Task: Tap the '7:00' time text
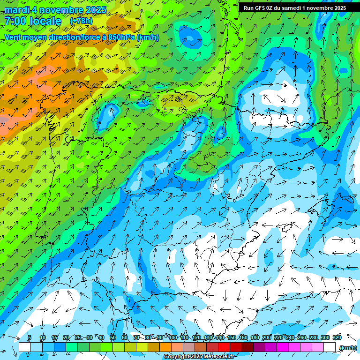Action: (15, 21)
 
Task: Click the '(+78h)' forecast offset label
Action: (81, 21)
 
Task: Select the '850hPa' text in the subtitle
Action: (121, 37)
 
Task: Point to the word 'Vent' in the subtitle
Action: (14, 37)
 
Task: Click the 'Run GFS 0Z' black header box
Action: (294, 7)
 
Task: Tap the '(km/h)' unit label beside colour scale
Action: (348, 347)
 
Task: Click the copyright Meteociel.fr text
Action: (199, 357)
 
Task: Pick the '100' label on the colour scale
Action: (172, 337)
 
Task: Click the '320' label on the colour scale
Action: (337, 337)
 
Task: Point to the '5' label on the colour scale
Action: (30, 337)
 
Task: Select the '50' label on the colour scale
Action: (113, 337)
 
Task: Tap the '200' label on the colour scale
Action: (267, 337)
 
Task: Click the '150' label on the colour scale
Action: (232, 337)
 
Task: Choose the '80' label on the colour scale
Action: (148, 337)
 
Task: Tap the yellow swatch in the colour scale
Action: (142, 347)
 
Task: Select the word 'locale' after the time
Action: (45, 21)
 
